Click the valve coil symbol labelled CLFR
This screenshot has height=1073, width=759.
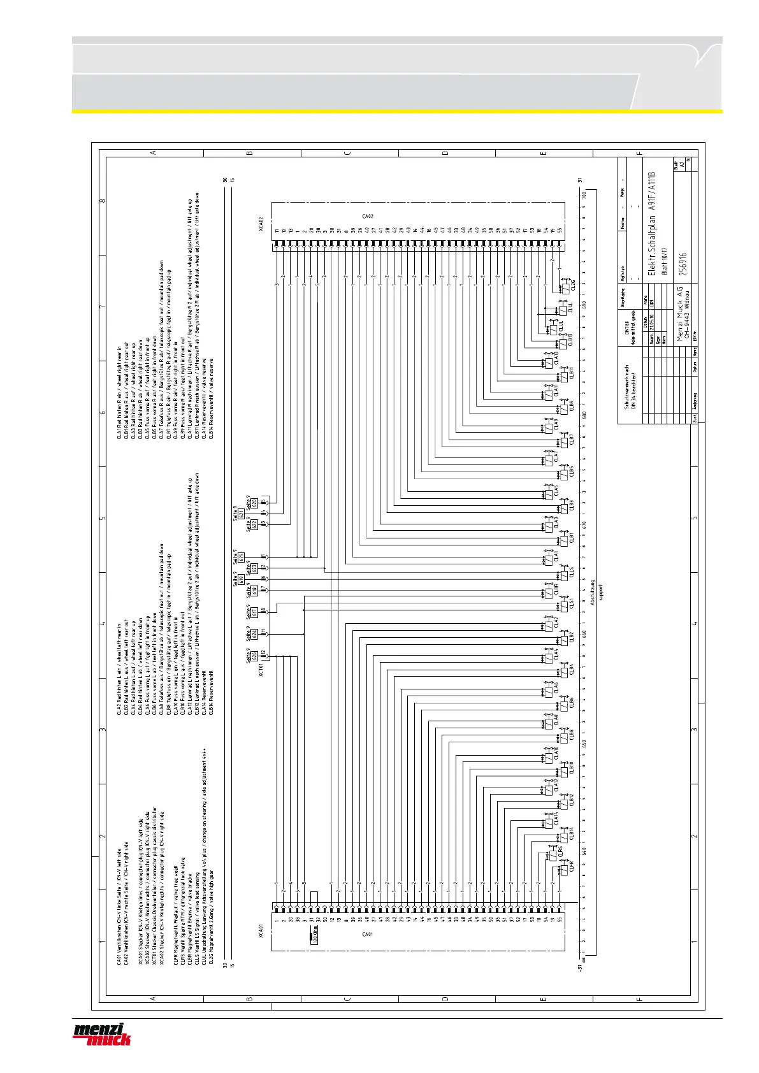pyautogui.click(x=564, y=869)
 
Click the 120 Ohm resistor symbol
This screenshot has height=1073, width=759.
pyautogui.click(x=313, y=937)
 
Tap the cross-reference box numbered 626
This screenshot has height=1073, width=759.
pyautogui.click(x=254, y=655)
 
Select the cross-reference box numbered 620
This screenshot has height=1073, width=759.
pyautogui.click(x=254, y=503)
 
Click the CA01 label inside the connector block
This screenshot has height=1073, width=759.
pyautogui.click(x=367, y=934)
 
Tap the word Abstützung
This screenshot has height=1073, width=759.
pyautogui.click(x=593, y=593)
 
